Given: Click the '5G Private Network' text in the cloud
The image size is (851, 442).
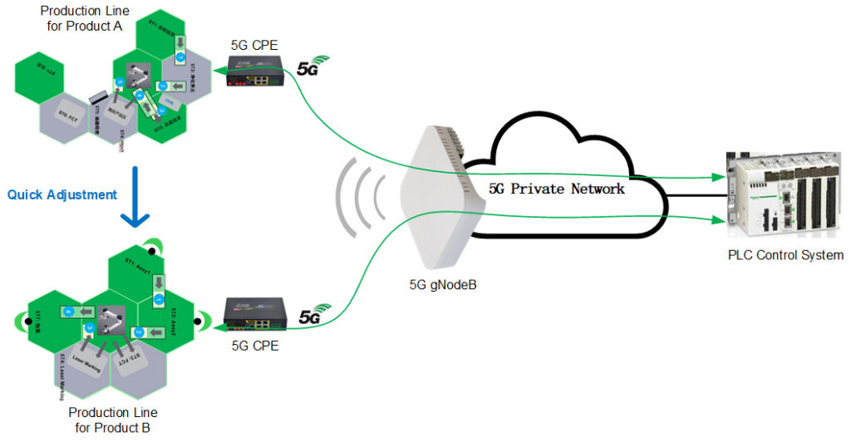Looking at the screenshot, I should [x=556, y=189].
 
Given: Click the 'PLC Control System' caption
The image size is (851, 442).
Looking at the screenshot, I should [x=785, y=255].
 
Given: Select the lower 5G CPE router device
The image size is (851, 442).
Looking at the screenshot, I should [x=254, y=313].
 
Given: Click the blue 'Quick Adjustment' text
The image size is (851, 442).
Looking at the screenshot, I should [x=62, y=194].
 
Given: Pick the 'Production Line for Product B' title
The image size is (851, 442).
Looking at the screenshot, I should [x=113, y=420].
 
